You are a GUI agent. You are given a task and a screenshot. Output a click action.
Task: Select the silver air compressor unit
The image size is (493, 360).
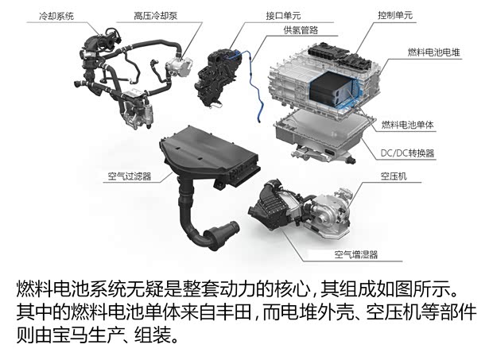333,211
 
